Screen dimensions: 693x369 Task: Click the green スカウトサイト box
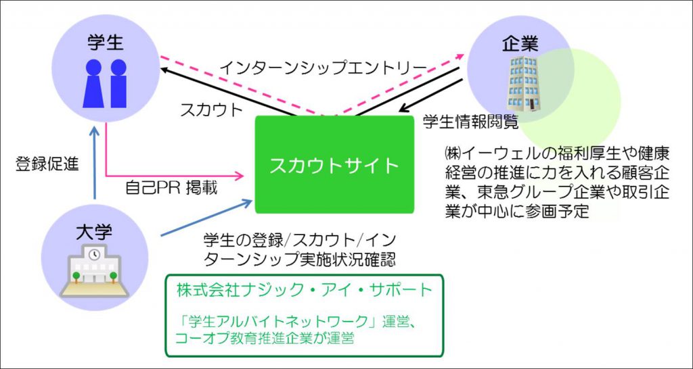click(x=334, y=164)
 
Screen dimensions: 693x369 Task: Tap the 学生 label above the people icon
click(x=106, y=43)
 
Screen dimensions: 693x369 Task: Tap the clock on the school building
click(x=93, y=254)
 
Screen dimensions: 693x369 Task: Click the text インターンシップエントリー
click(x=323, y=68)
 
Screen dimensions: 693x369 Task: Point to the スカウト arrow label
click(x=212, y=110)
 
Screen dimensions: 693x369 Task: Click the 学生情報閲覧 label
click(x=470, y=122)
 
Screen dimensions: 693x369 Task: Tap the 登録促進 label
click(x=47, y=164)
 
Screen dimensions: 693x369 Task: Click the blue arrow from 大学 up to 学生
click(x=94, y=162)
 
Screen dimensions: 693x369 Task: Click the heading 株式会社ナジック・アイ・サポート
click(x=304, y=290)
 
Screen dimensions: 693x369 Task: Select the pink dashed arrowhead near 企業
click(x=459, y=57)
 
